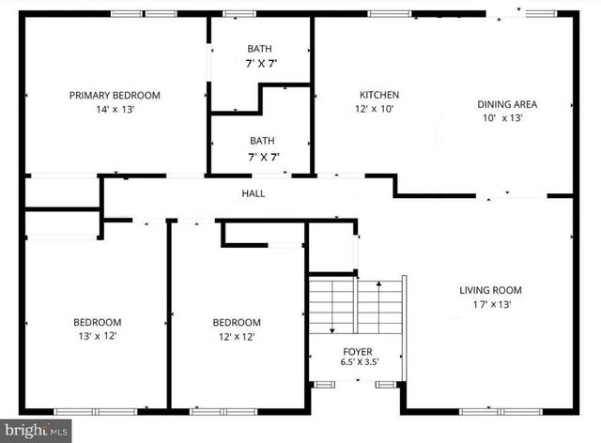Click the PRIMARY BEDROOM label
click(x=115, y=96)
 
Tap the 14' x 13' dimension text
click(x=115, y=109)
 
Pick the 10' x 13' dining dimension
click(x=502, y=118)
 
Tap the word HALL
click(x=254, y=194)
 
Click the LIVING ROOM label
click(x=490, y=290)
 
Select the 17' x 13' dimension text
click(x=490, y=304)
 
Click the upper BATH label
click(x=260, y=49)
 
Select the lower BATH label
click(x=262, y=142)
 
